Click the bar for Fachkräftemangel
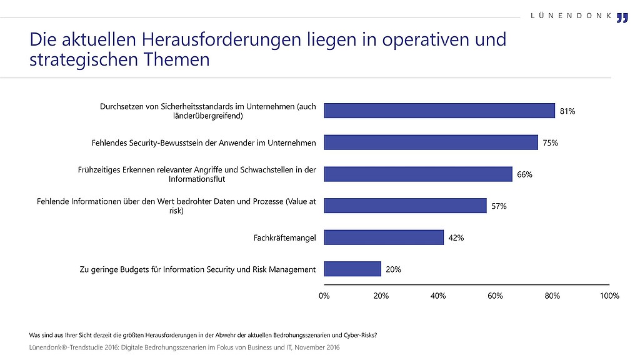pyautogui.click(x=384, y=237)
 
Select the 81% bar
pyautogui.click(x=439, y=111)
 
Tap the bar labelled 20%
pyautogui.click(x=352, y=269)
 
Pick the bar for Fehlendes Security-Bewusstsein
pyautogui.click(x=431, y=142)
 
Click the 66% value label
pyautogui.click(x=524, y=174)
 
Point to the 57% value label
pyautogui.click(x=499, y=206)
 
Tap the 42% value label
pyautogui.click(x=456, y=237)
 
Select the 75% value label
pyautogui.click(x=550, y=142)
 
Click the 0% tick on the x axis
pyautogui.click(x=324, y=296)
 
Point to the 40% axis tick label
pyautogui.click(x=438, y=296)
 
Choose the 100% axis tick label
pyautogui.click(x=609, y=296)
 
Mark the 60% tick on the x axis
pyautogui.click(x=495, y=296)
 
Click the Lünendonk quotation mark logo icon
pyautogui.click(x=622, y=18)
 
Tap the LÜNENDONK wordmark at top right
pyautogui.click(x=571, y=16)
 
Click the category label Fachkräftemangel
pyautogui.click(x=284, y=237)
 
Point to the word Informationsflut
pyautogui.click(x=197, y=179)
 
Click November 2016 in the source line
pyautogui.click(x=317, y=347)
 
